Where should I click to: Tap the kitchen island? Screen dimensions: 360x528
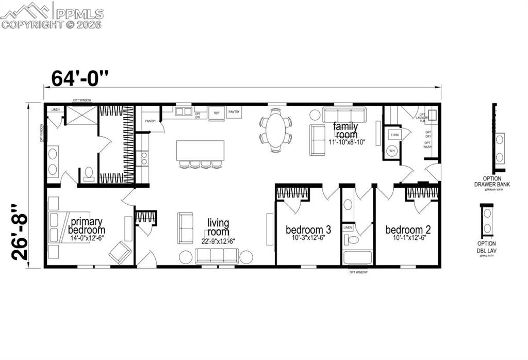pyautogui.click(x=200, y=151)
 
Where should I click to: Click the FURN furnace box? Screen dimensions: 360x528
pyautogui.click(x=394, y=135)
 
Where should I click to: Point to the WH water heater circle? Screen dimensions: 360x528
pyautogui.click(x=392, y=151)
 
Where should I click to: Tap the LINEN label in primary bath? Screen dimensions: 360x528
pyautogui.click(x=55, y=109)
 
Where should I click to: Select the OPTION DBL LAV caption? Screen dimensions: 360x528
pyautogui.click(x=486, y=246)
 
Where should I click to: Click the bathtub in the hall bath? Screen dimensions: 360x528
pyautogui.click(x=357, y=257)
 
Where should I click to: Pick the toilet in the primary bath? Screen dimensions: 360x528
pyautogui.click(x=89, y=174)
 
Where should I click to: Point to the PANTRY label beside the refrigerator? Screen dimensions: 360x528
pyautogui.click(x=234, y=111)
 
